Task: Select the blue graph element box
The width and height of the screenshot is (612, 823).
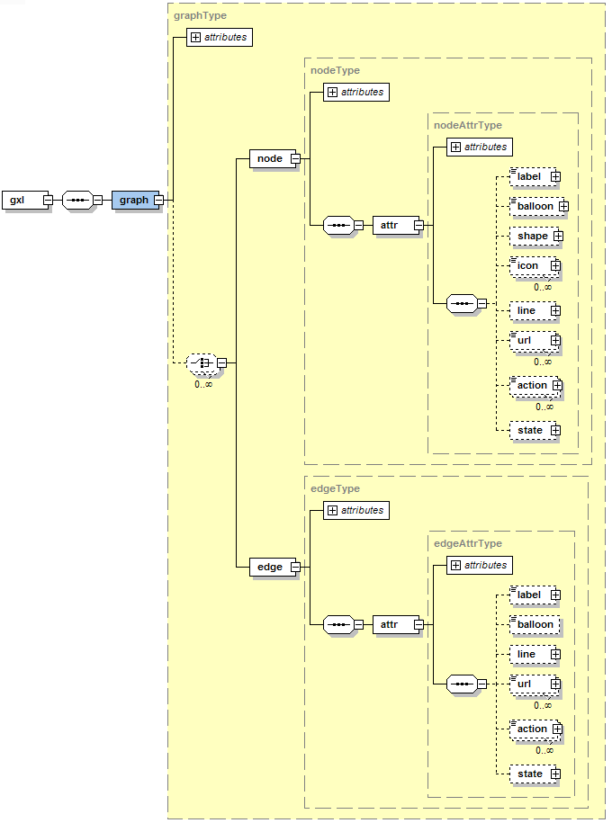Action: click(x=134, y=200)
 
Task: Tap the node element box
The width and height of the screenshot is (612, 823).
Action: click(x=269, y=158)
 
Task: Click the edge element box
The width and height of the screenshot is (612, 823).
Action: click(x=269, y=567)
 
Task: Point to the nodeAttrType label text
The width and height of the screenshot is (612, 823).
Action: click(x=467, y=125)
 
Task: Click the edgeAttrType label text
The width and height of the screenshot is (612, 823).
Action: click(x=467, y=543)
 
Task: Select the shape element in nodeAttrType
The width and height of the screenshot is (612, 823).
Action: click(x=532, y=236)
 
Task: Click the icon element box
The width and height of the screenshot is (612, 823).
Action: click(x=528, y=265)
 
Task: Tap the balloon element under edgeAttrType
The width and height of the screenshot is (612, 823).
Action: click(x=535, y=624)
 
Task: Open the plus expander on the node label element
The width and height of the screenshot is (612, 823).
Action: click(x=556, y=177)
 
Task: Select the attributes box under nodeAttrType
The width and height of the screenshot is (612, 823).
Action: click(x=479, y=147)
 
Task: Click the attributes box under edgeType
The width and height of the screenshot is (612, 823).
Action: click(x=355, y=510)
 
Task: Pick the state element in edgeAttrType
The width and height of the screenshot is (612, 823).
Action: click(x=530, y=774)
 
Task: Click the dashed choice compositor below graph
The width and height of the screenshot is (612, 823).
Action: click(x=202, y=363)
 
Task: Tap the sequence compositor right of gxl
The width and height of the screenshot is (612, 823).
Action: click(x=77, y=200)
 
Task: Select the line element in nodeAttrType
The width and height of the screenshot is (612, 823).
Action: click(x=526, y=310)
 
